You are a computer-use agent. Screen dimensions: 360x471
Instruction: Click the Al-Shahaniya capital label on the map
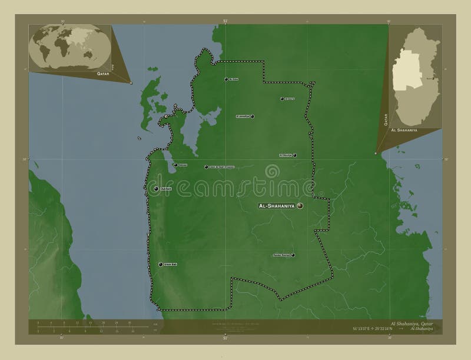click(277, 206)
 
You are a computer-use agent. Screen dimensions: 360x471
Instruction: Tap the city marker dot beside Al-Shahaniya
click(300, 206)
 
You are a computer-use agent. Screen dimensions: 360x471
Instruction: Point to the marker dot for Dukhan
click(155, 189)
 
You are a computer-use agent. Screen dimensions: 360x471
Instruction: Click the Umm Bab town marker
click(160, 265)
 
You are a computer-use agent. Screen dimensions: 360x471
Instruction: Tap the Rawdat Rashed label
click(281, 255)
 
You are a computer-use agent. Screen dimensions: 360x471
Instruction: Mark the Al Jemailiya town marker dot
click(253, 116)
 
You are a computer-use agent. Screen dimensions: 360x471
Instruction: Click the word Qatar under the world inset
click(103, 75)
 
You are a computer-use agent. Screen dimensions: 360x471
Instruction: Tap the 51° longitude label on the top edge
click(225, 21)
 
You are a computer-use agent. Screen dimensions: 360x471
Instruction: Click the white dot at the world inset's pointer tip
click(131, 83)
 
